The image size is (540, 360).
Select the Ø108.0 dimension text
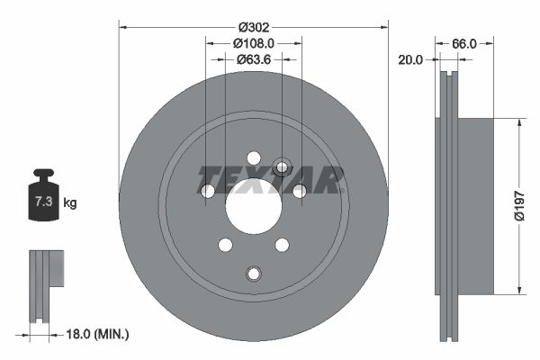coord(254,42)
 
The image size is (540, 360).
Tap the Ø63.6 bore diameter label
coord(254,59)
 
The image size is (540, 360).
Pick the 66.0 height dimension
coord(463,42)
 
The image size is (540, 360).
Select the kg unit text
coord(70,203)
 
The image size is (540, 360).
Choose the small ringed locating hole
coord(281,166)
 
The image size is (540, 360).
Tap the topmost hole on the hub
coord(253,157)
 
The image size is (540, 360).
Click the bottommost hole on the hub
coord(253,273)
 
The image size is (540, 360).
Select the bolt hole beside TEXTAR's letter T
coord(208,191)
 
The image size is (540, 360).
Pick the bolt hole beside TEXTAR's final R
coord(299,191)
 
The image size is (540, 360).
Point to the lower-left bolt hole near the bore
coord(225,245)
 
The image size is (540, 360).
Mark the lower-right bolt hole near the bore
coord(282,245)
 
